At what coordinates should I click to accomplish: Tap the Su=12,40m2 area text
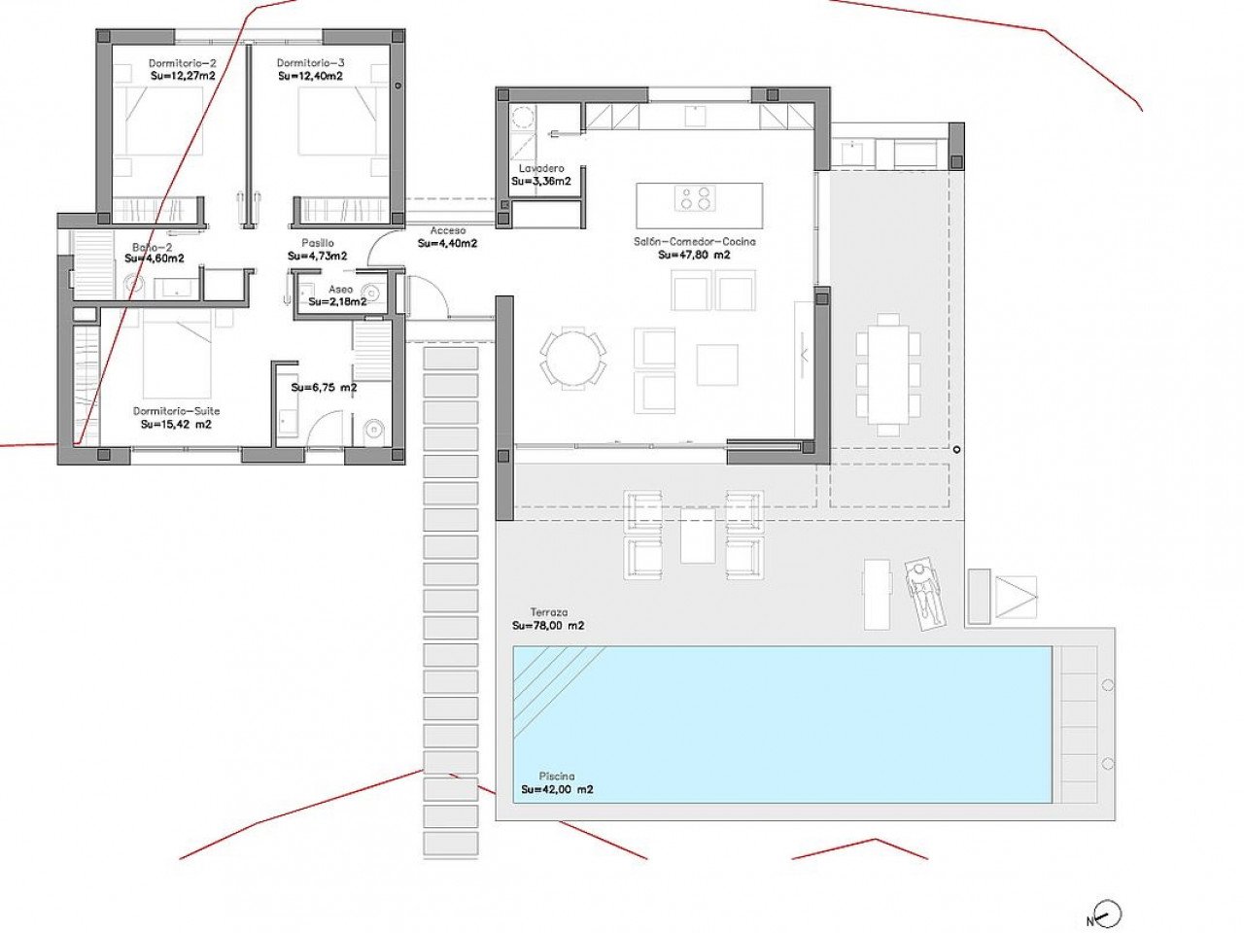[310, 76]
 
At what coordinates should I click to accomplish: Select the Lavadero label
[541, 168]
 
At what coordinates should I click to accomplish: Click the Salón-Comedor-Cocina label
[694, 242]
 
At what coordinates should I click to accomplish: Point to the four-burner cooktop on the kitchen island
[696, 198]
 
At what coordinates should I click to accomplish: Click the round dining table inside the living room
[573, 359]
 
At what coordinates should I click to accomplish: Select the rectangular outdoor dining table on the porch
[888, 373]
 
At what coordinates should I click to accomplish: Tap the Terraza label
[548, 612]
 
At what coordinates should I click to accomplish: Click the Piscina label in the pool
[557, 777]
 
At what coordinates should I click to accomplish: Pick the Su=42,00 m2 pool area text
[557, 790]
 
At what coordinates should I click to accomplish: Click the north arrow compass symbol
[1106, 915]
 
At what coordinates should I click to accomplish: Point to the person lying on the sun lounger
[924, 591]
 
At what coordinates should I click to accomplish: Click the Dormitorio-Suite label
[176, 411]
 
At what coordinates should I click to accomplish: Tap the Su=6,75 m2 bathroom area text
[324, 387]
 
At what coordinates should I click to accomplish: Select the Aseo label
[340, 290]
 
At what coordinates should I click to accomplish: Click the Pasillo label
[317, 243]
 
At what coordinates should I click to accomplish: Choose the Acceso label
[447, 230]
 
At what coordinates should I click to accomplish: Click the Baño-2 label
[154, 247]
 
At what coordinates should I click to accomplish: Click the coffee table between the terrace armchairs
[697, 537]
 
